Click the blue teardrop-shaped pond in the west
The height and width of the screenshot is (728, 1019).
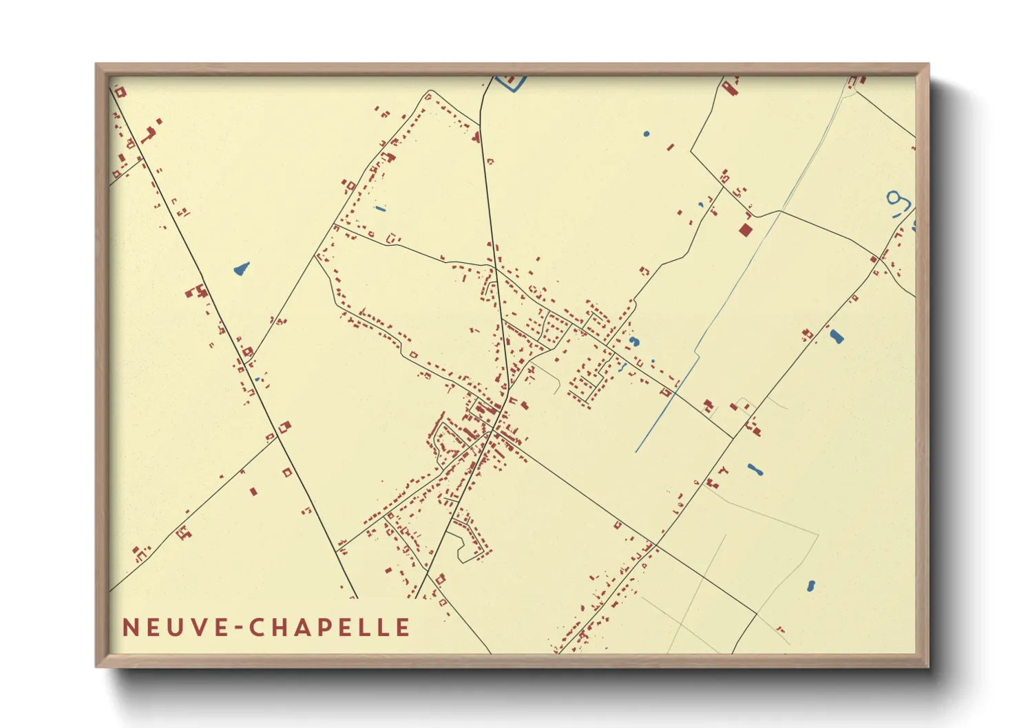point(241,268)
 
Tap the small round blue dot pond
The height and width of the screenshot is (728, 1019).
point(646,133)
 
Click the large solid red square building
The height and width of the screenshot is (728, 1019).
point(744,229)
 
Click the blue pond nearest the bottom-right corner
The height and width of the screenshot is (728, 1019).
point(811,586)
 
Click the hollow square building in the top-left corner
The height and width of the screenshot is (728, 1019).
point(120,92)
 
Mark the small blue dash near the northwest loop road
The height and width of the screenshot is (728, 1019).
point(380,208)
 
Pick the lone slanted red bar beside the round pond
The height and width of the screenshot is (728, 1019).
point(671,147)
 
